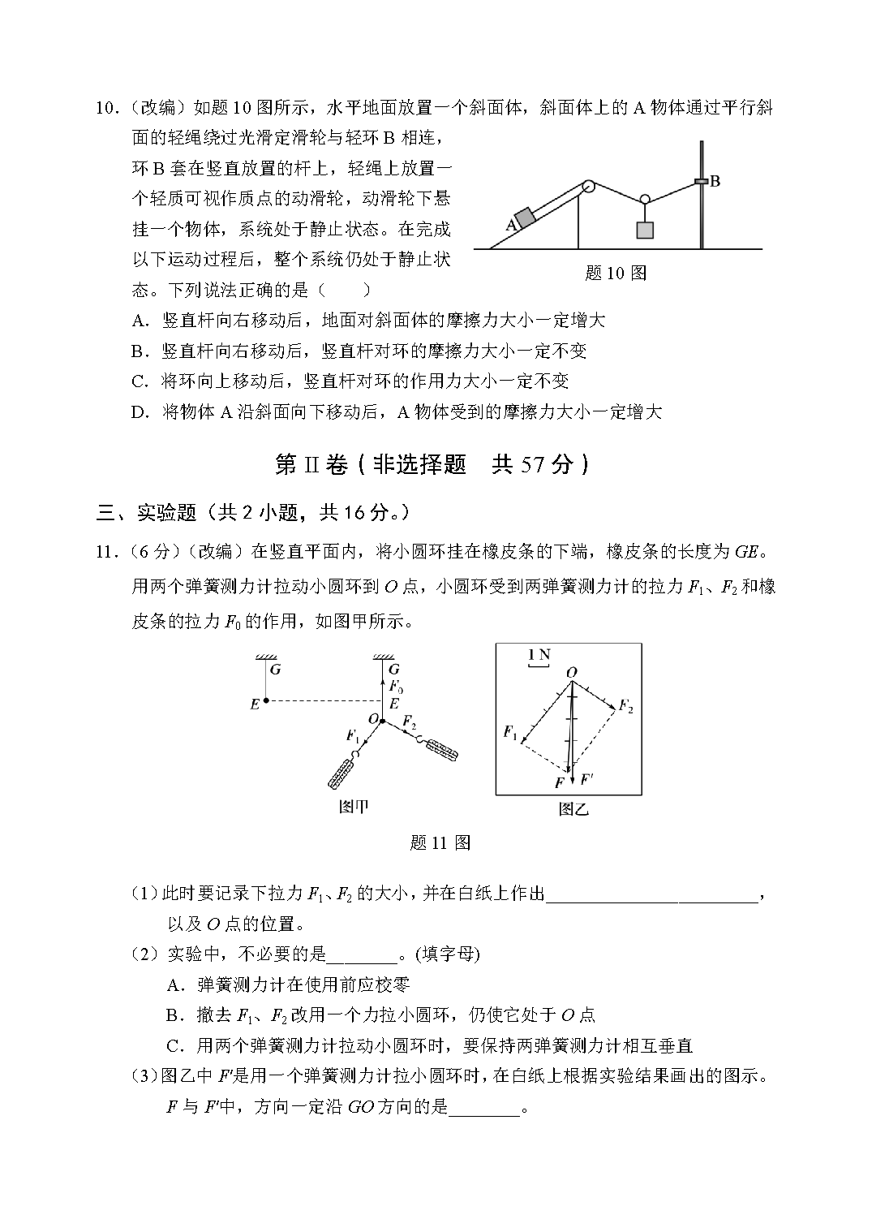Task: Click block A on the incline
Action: (x=525, y=218)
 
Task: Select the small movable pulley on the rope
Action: (x=645, y=199)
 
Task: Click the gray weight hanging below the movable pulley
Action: (x=645, y=230)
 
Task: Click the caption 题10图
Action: (x=615, y=274)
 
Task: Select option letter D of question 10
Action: (x=140, y=412)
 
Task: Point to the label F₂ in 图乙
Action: (x=625, y=706)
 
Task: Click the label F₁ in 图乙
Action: (x=509, y=733)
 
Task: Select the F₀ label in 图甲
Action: (x=396, y=686)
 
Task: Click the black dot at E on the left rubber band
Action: (x=266, y=701)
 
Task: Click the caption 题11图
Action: (x=440, y=842)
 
